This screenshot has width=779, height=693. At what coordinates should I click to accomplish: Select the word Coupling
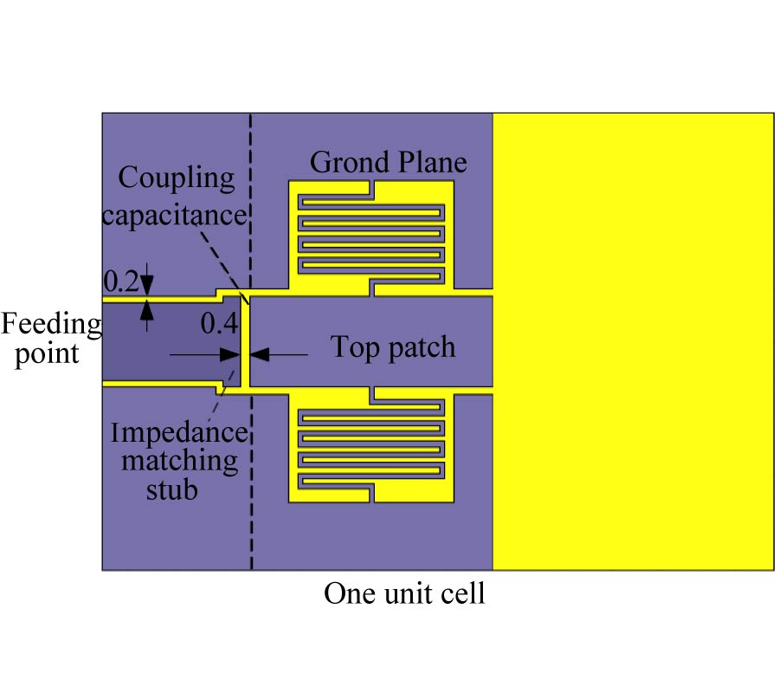[x=177, y=179]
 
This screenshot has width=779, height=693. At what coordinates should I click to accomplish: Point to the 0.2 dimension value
[x=120, y=281]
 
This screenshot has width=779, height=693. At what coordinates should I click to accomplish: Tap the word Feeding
[x=50, y=325]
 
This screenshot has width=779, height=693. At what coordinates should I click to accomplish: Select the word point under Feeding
[x=48, y=353]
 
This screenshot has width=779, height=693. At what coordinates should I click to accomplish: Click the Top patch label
[x=393, y=347]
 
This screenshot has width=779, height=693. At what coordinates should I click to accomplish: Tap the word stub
[x=172, y=489]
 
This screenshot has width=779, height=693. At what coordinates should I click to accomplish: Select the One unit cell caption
[x=404, y=594]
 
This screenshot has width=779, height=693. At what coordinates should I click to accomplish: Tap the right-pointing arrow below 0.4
[x=229, y=354]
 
